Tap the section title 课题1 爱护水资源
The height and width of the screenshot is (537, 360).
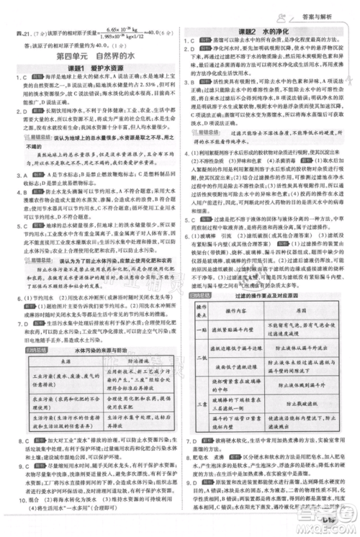tap(91, 68)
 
